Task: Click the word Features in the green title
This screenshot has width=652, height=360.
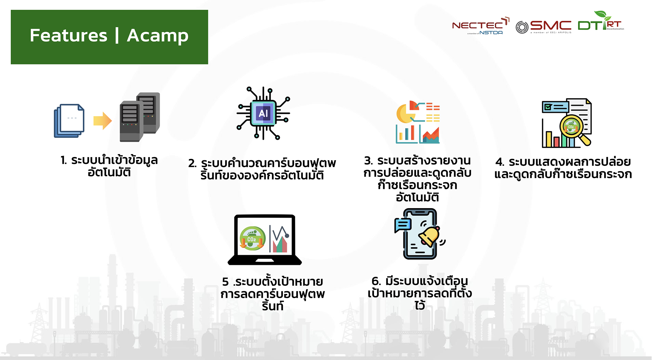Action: [68, 36]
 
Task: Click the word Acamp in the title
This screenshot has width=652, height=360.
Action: [157, 36]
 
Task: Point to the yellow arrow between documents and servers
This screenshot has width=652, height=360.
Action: [102, 121]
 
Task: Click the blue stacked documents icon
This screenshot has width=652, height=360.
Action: [69, 121]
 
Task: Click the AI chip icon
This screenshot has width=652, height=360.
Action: [263, 113]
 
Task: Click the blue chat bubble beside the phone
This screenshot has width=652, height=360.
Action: [403, 224]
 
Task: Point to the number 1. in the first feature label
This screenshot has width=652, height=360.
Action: [64, 160]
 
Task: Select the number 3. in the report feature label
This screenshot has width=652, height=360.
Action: [368, 161]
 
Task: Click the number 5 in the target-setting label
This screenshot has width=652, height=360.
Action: [225, 281]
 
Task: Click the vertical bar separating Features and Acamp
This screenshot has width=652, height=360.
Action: [117, 36]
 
